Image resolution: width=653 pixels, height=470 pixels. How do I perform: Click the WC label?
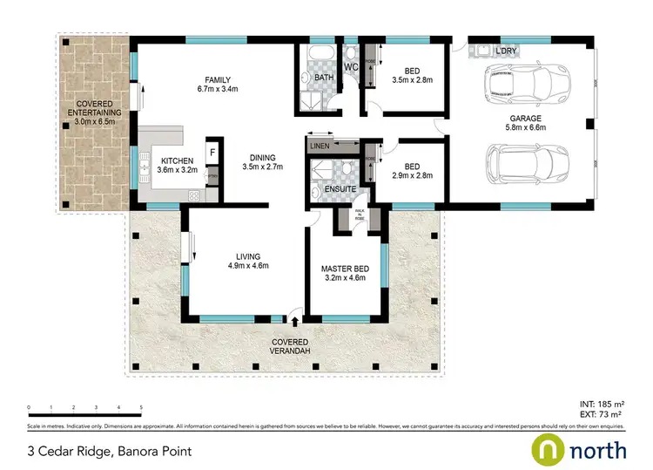click(x=352, y=67)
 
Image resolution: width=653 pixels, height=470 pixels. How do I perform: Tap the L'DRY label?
click(x=507, y=51)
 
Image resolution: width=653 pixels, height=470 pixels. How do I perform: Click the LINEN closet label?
click(x=320, y=146)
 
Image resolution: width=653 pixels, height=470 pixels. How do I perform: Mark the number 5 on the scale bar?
click(x=140, y=407)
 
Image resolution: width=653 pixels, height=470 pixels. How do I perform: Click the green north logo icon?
click(x=549, y=450)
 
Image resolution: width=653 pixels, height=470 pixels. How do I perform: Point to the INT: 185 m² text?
click(x=602, y=404)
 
